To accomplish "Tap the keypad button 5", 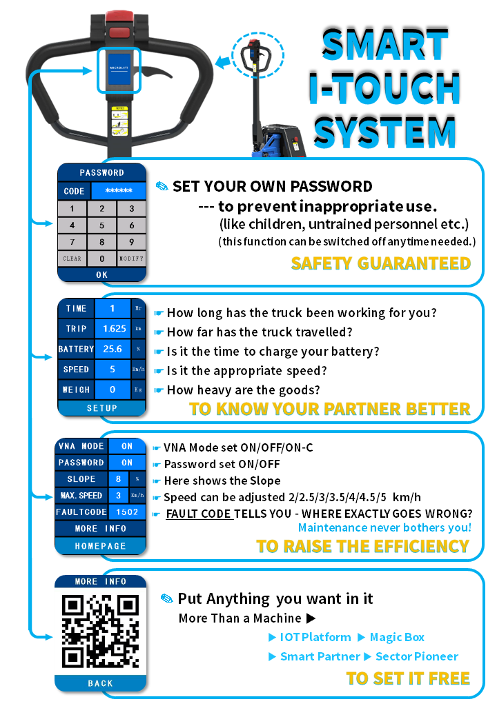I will pyautogui.click(x=101, y=225).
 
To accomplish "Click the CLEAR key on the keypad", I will pyautogui.click(x=72, y=259).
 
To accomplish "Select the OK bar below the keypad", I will pyautogui.click(x=101, y=274).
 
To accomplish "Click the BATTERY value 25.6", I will pyautogui.click(x=113, y=350).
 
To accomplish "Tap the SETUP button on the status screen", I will pyautogui.click(x=101, y=408).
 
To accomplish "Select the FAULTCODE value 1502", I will pyautogui.click(x=128, y=512).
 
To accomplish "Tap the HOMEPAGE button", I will pyautogui.click(x=101, y=545).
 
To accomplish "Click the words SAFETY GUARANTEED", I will pyautogui.click(x=380, y=263).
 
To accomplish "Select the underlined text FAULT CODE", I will pyautogui.click(x=199, y=514).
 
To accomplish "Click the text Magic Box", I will pyautogui.click(x=397, y=638).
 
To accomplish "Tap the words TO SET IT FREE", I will pyautogui.click(x=407, y=678).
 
